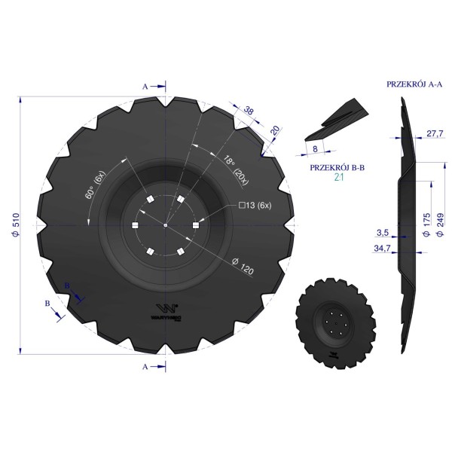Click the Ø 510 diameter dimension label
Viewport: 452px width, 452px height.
(x=16, y=225)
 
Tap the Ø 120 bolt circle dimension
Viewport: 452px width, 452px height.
(x=243, y=266)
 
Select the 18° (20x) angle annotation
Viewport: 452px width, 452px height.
(x=236, y=169)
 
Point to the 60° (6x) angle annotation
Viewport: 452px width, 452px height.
(x=96, y=185)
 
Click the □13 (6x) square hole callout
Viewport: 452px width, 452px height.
(x=255, y=205)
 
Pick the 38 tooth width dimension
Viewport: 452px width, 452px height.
(x=249, y=110)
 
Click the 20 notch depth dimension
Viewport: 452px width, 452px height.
(x=276, y=130)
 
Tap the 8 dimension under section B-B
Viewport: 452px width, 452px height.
(x=315, y=148)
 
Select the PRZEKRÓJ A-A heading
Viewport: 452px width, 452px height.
(x=414, y=84)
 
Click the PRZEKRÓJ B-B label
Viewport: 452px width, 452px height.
(x=337, y=167)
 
